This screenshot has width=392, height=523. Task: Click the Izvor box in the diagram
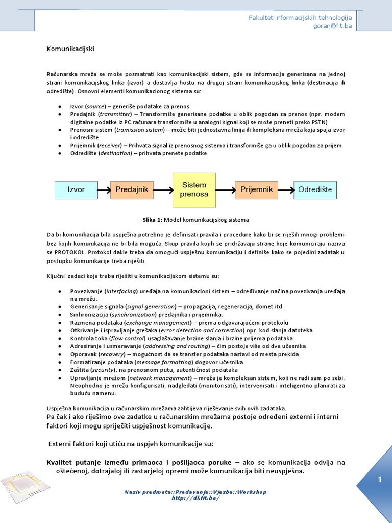point(76,190)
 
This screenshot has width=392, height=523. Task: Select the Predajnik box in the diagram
point(132,190)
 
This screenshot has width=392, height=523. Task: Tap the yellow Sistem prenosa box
point(194,190)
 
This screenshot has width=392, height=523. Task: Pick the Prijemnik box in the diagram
point(256,190)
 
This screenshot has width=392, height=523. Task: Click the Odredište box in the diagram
point(315,190)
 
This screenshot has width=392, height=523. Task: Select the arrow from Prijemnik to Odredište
point(285,191)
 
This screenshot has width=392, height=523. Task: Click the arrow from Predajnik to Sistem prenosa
point(163,191)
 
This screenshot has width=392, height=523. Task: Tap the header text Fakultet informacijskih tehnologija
point(300,18)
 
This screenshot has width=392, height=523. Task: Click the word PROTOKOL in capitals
point(69,252)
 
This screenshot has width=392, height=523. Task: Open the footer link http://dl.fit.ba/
point(195,498)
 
